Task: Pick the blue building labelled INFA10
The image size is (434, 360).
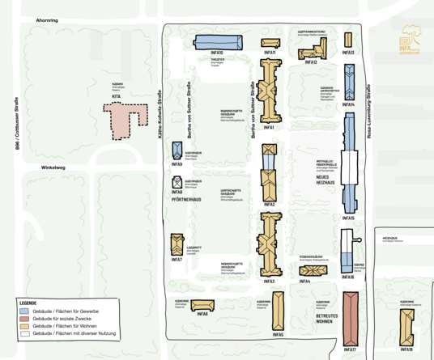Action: click(x=218, y=43)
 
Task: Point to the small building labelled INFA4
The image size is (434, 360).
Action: click(x=304, y=270)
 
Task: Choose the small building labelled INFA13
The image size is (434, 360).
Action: click(x=348, y=40)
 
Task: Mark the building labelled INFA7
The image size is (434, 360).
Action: click(x=177, y=244)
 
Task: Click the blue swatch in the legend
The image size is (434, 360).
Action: click(x=26, y=311)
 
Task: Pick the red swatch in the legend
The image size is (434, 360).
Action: click(x=26, y=318)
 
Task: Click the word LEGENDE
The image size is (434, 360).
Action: click(x=28, y=303)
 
